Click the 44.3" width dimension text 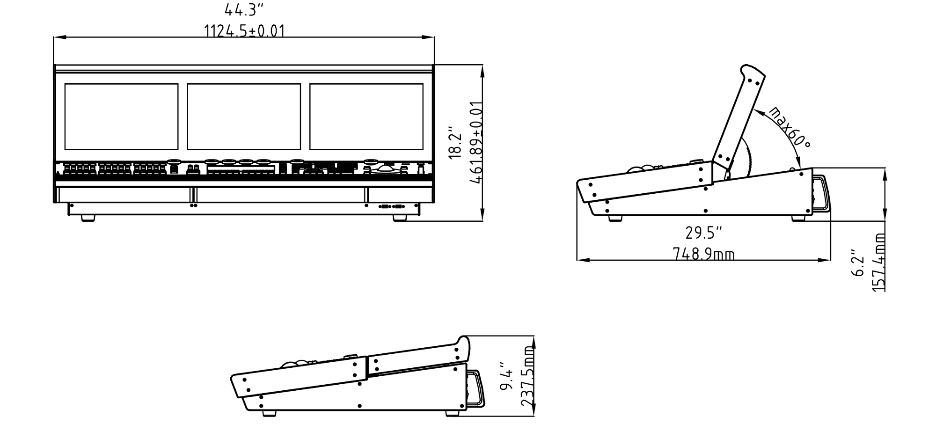point(244,9)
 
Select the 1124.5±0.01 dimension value point(244,31)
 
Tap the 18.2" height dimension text point(455,142)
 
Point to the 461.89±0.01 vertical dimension point(476,142)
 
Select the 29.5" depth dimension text point(703,232)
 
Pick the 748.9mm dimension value point(703,254)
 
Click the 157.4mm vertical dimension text point(879,262)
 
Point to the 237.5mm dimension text point(527,377)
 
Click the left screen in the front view point(121,116)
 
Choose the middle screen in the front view point(244,116)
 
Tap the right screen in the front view point(366,116)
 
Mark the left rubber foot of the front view point(88,218)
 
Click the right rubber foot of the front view point(400,218)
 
